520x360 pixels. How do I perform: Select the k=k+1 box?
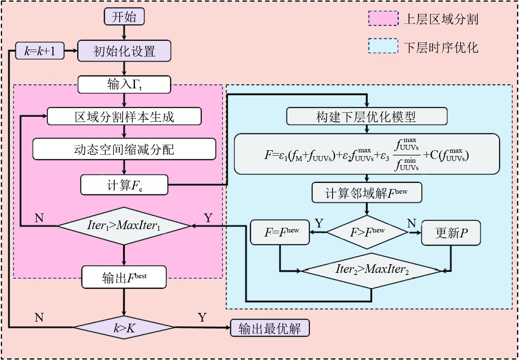[x=40, y=51]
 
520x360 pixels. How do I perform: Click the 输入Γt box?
[x=124, y=85]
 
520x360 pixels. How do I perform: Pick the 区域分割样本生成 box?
[x=124, y=116]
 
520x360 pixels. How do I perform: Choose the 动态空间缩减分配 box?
[x=124, y=149]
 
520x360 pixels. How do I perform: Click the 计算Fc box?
[x=124, y=185]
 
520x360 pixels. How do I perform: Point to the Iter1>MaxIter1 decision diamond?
[x=124, y=226]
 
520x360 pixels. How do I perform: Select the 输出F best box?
[x=124, y=277]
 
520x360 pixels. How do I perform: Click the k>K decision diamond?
[x=124, y=328]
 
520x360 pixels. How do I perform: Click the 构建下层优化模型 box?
[x=366, y=116]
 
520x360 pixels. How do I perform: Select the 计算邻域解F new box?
[x=367, y=193]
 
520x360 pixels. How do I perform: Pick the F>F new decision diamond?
[x=367, y=232]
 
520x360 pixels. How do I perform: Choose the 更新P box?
[x=451, y=232]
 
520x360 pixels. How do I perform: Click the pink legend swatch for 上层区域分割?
[x=383, y=19]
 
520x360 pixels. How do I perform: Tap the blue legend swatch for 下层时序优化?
[x=383, y=46]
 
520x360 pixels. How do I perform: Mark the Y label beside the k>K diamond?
[x=202, y=317]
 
